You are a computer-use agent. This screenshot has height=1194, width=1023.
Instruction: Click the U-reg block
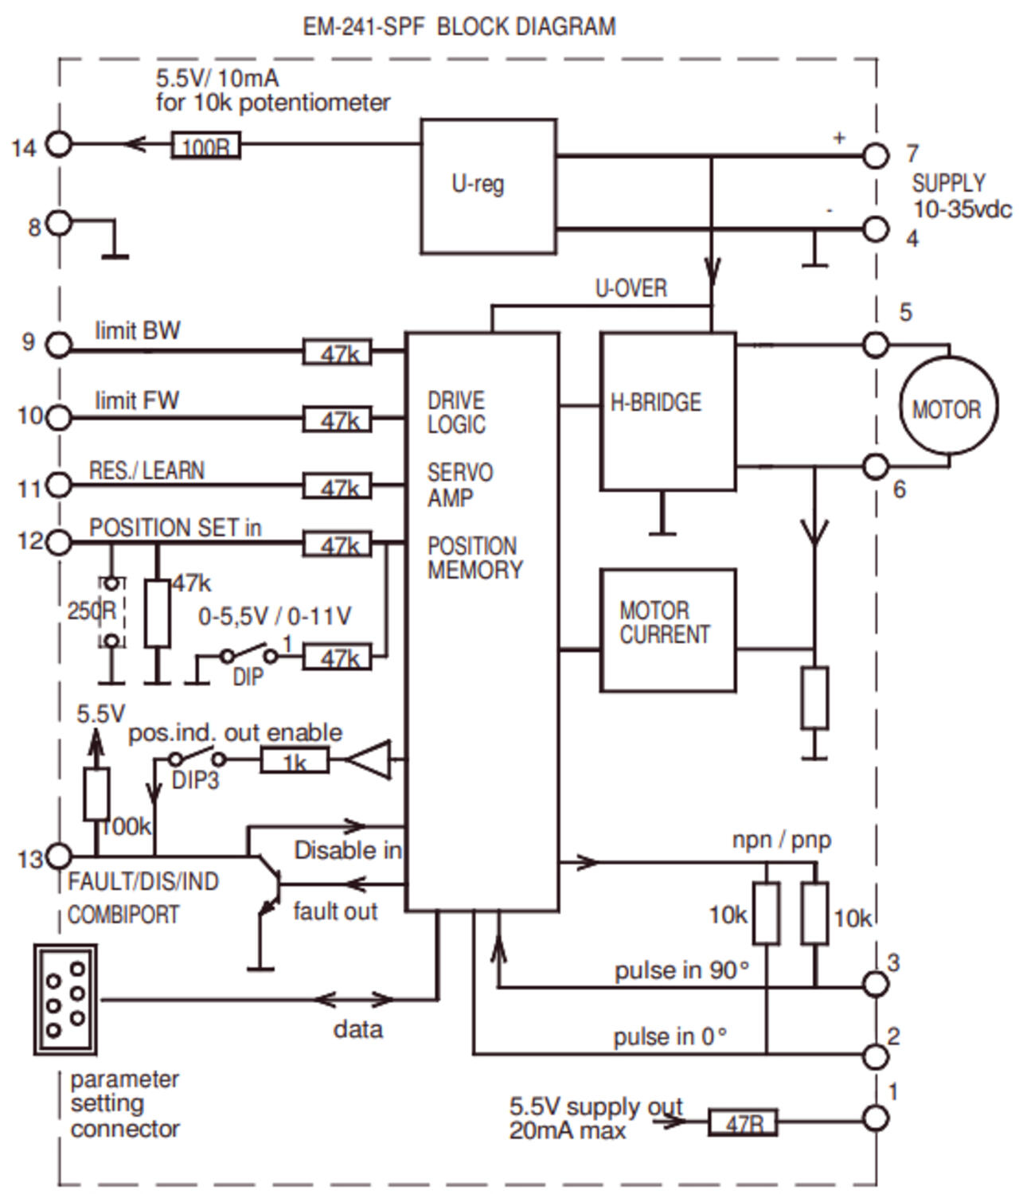pyautogui.click(x=488, y=186)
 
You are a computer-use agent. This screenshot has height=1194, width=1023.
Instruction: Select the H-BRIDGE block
pyautogui.click(x=667, y=411)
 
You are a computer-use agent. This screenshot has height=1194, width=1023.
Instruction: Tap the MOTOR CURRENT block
pyautogui.click(x=667, y=630)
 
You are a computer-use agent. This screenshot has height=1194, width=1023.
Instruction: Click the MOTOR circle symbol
pyautogui.click(x=947, y=407)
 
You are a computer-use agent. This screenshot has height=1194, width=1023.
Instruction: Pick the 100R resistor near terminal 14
pyautogui.click(x=205, y=146)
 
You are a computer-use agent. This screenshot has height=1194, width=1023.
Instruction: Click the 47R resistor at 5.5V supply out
pyautogui.click(x=743, y=1122)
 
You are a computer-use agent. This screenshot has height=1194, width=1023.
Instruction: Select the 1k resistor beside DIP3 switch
pyautogui.click(x=295, y=762)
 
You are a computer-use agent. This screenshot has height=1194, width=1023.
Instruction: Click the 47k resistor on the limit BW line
pyautogui.click(x=337, y=352)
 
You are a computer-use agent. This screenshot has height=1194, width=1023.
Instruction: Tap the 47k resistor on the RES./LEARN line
pyautogui.click(x=337, y=486)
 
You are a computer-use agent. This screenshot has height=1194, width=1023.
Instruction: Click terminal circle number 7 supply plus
pyautogui.click(x=876, y=155)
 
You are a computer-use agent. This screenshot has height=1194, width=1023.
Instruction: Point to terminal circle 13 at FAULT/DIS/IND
pyautogui.click(x=59, y=856)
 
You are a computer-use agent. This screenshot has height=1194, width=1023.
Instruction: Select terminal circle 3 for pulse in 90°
pyautogui.click(x=876, y=985)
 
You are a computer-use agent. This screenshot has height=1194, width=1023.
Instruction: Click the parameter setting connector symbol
pyautogui.click(x=65, y=999)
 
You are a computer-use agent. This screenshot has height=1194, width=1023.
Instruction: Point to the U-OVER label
pyautogui.click(x=631, y=288)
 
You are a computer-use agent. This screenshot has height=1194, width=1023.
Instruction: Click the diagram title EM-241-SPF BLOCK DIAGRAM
pyautogui.click(x=459, y=26)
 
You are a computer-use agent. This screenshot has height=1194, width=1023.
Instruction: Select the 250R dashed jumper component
pyautogui.click(x=111, y=611)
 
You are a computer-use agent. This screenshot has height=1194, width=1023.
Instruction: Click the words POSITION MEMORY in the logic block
pyautogui.click(x=474, y=557)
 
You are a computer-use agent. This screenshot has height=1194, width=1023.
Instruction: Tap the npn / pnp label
pyautogui.click(x=781, y=840)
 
